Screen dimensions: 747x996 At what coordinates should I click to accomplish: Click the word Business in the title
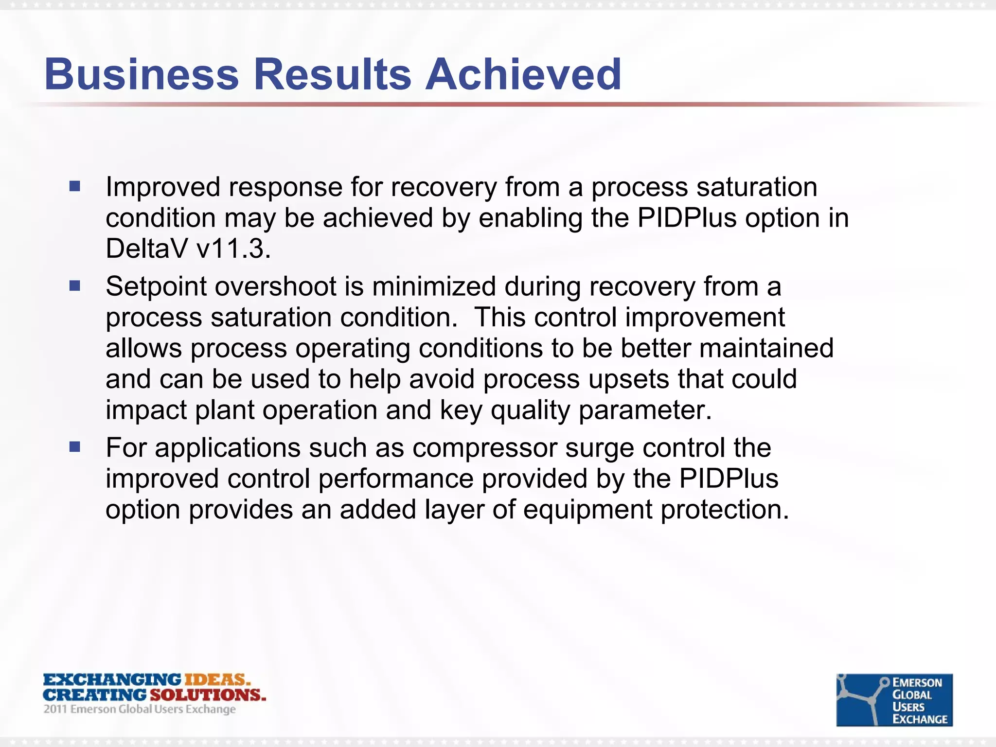click(x=142, y=74)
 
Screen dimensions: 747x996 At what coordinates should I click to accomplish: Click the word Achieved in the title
click(x=523, y=74)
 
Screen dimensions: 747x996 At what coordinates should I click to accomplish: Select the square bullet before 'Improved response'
click(x=74, y=186)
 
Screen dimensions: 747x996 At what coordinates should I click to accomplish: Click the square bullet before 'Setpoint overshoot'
click(x=74, y=285)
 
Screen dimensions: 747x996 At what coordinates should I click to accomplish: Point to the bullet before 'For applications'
click(x=74, y=446)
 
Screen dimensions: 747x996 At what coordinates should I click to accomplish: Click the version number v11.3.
click(x=233, y=249)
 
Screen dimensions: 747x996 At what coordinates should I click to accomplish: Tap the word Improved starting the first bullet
click(x=163, y=187)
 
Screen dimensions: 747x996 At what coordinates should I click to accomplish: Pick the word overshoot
click(x=275, y=287)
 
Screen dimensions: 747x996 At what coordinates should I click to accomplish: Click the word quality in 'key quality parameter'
click(x=530, y=410)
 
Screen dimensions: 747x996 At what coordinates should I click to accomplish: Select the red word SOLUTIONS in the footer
click(x=208, y=694)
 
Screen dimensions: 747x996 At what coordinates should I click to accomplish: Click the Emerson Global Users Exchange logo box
click(x=894, y=699)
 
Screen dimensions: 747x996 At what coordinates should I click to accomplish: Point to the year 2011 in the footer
click(x=55, y=709)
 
